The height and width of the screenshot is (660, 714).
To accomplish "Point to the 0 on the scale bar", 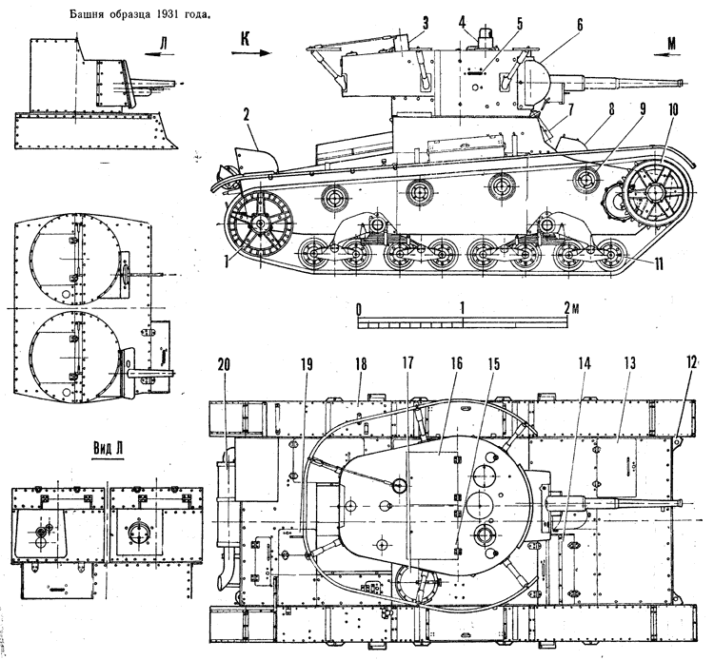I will click(358, 309).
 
